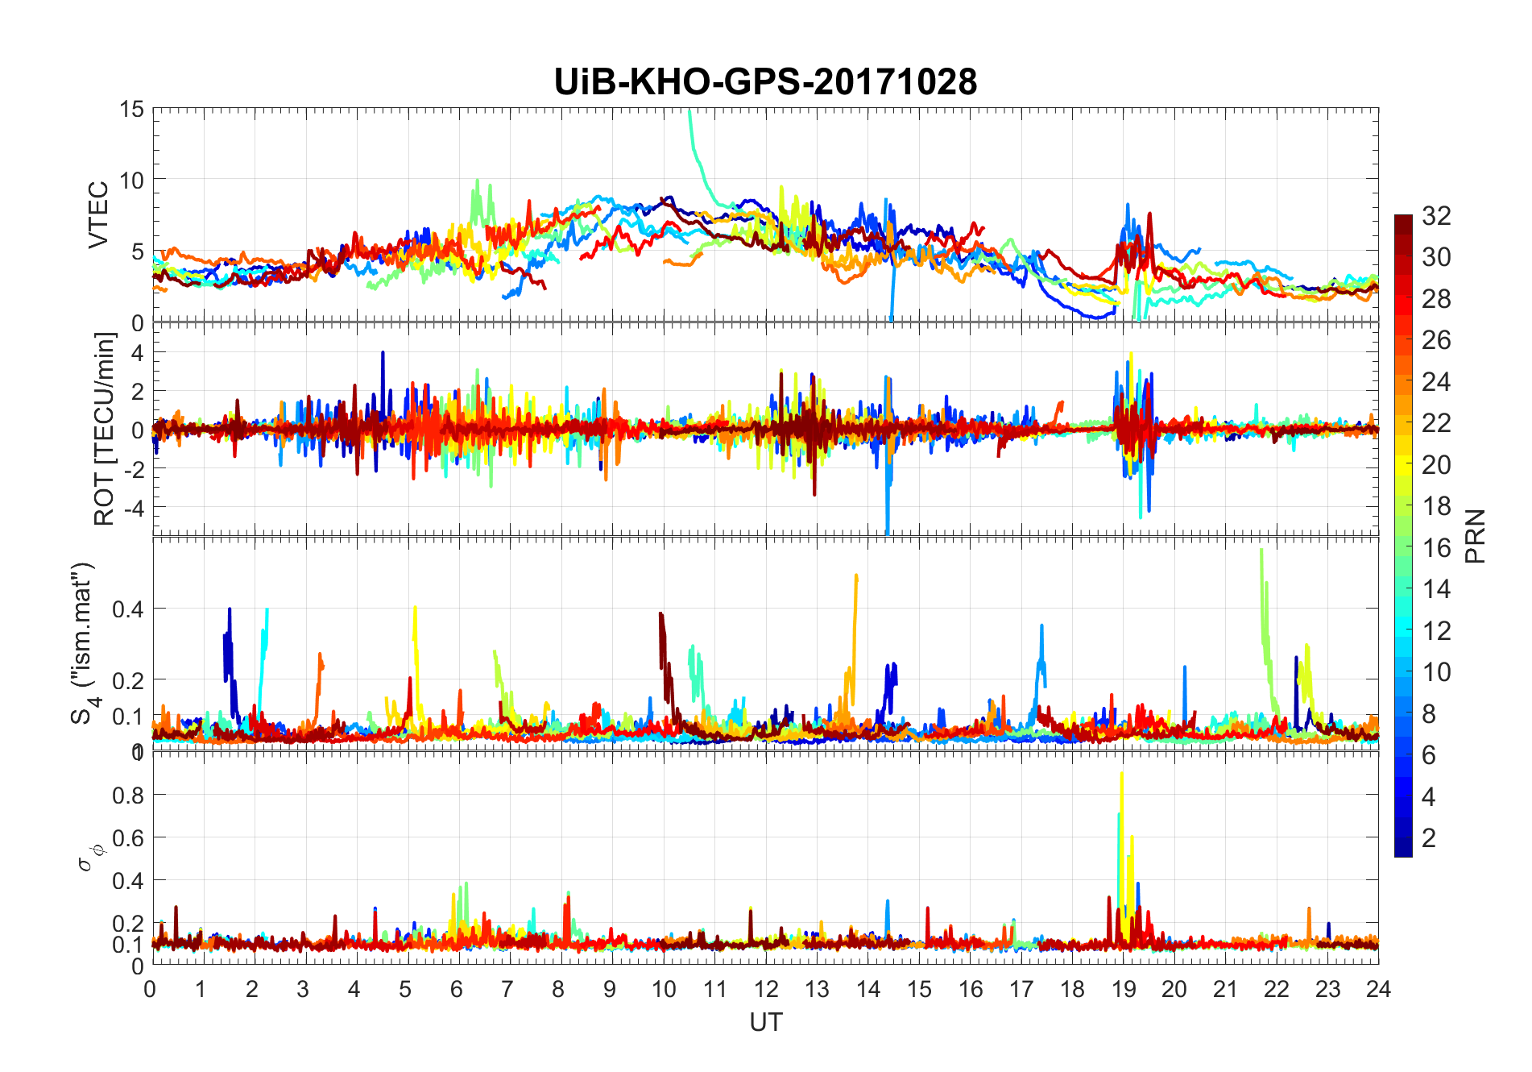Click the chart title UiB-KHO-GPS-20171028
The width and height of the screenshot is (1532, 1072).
click(765, 82)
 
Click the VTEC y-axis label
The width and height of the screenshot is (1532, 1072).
click(98, 215)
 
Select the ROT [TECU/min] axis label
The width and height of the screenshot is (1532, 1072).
click(105, 429)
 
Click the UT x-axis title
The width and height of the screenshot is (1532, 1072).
click(765, 1022)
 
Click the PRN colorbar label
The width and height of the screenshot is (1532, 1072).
click(1475, 536)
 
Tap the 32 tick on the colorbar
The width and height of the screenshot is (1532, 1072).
click(1436, 216)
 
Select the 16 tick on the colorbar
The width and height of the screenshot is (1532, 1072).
click(1436, 548)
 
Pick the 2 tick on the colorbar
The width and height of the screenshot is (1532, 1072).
click(1429, 838)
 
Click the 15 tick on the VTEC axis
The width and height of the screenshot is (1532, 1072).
click(131, 110)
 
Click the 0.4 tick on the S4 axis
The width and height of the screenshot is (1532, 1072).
click(128, 609)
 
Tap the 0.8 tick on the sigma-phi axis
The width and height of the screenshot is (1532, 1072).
click(128, 796)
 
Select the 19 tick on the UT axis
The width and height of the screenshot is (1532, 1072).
click(1123, 989)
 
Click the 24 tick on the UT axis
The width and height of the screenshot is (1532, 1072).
click(1378, 989)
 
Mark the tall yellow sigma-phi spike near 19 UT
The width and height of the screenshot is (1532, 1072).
click(1122, 775)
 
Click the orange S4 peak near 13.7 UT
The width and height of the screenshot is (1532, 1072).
click(856, 577)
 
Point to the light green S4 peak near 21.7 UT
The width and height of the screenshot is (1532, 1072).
click(1261, 551)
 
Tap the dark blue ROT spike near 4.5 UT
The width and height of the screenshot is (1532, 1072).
click(383, 353)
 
